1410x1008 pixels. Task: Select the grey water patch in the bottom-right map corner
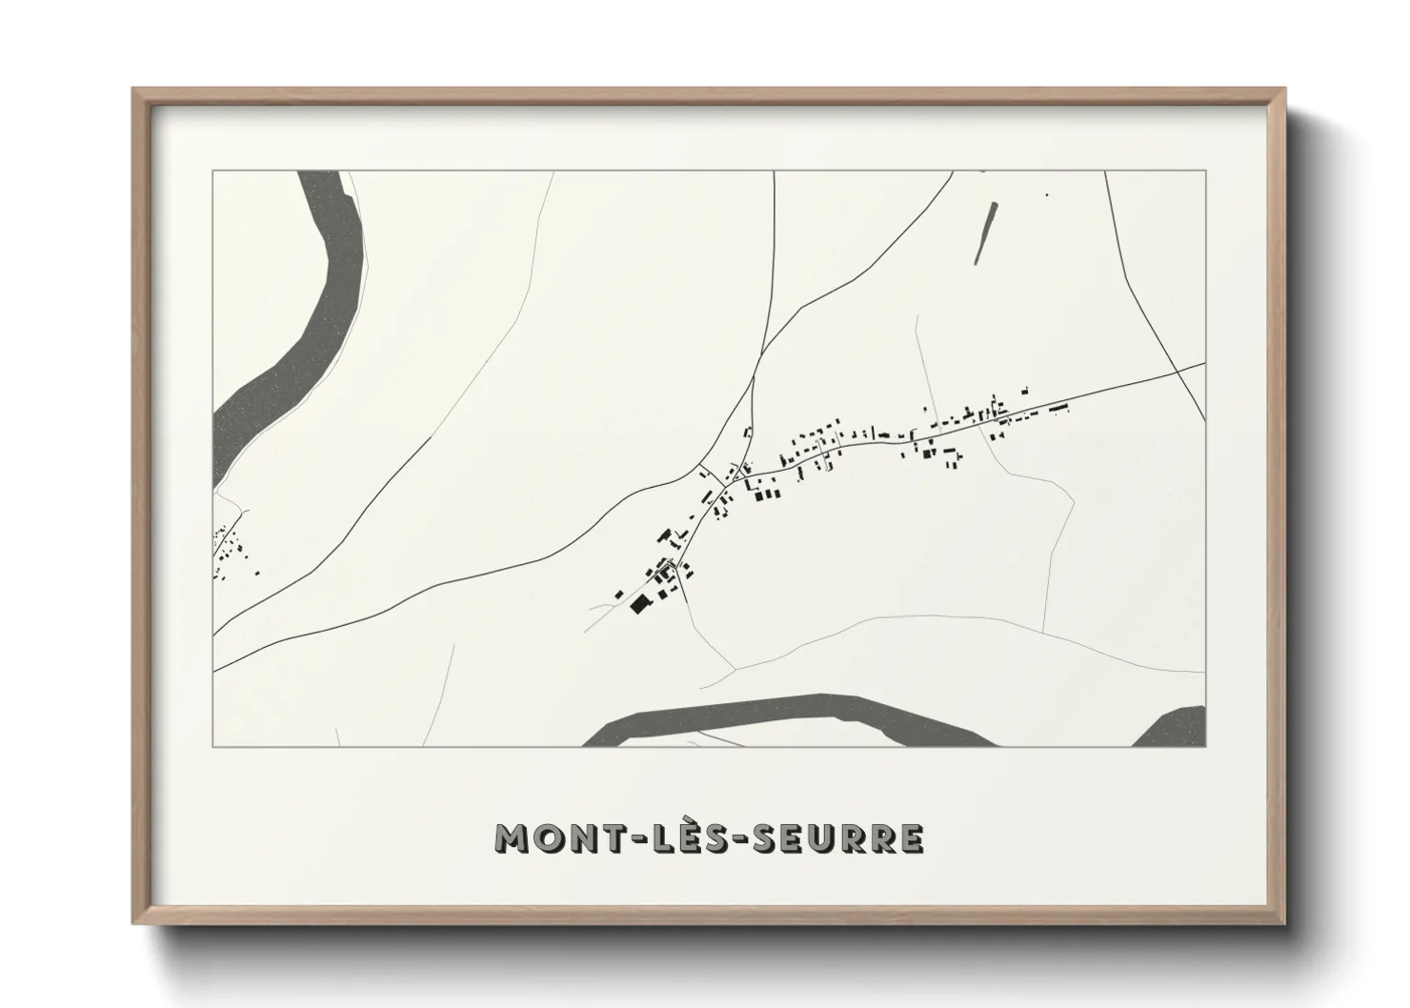point(1177,728)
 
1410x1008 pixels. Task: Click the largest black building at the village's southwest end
point(638,604)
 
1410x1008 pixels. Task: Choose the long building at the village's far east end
point(1058,408)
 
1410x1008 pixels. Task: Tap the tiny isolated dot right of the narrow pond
point(1046,195)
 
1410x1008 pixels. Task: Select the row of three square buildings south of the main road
point(765,494)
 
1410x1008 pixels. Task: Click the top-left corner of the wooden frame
point(134,90)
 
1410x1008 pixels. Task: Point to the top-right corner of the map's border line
point(1205,171)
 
